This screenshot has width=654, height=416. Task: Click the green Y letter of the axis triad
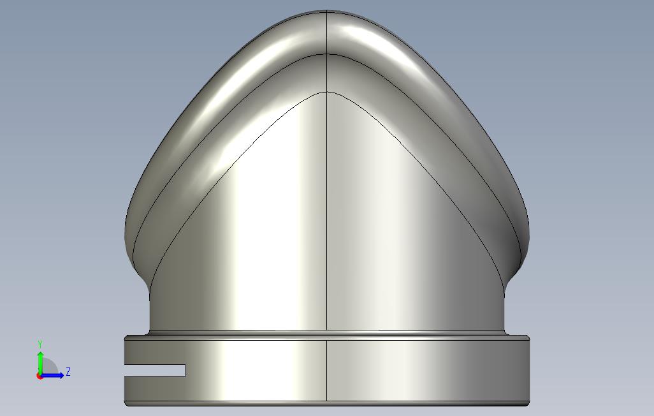point(40,345)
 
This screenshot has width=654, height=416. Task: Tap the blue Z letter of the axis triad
point(68,372)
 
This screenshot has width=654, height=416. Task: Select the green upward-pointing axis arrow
point(40,364)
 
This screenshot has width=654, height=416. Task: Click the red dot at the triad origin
point(40,376)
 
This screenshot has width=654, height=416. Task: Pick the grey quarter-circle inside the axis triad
point(49,367)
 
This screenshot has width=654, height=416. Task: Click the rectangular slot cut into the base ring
point(155,371)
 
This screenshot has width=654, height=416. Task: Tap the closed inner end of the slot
point(185,371)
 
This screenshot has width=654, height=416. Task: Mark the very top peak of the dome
point(326,11)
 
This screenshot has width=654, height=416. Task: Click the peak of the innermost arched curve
point(326,92)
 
